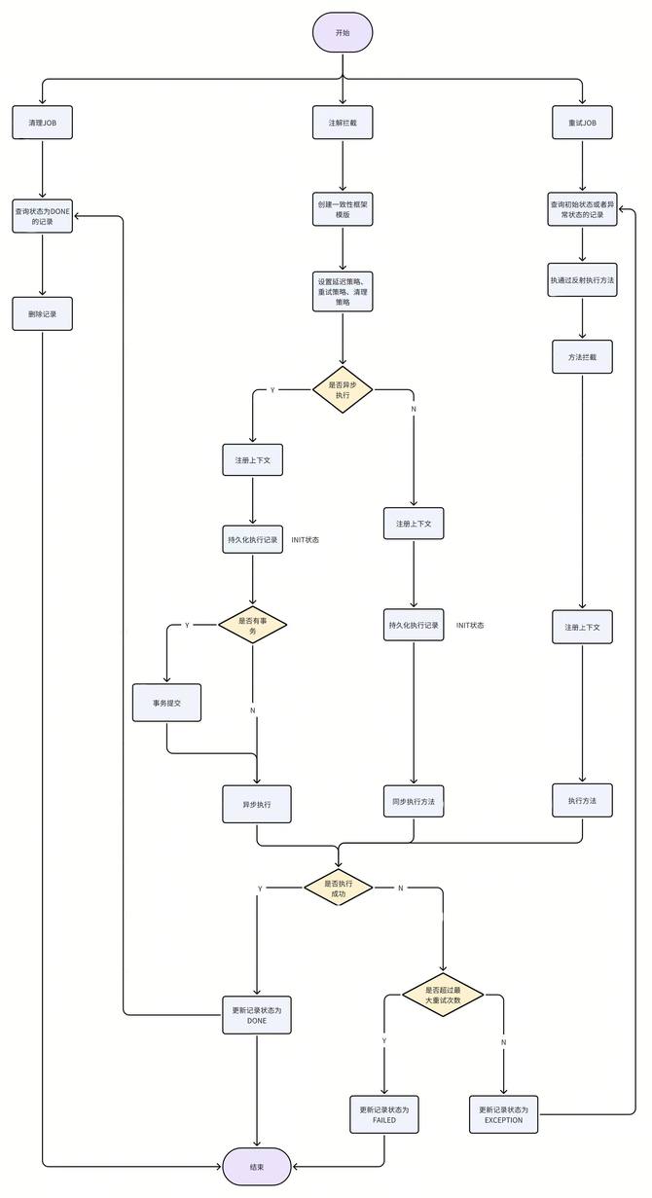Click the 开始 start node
click(342, 33)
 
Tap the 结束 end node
click(257, 1166)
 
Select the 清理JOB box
click(43, 124)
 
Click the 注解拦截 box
click(343, 124)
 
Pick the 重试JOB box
click(582, 124)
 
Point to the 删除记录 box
click(43, 314)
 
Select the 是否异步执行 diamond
click(343, 389)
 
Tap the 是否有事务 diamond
click(253, 626)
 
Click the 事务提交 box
click(167, 703)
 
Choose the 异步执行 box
click(257, 806)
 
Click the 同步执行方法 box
click(414, 801)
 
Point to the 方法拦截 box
click(582, 357)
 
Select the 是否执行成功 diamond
click(338, 888)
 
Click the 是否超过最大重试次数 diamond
click(443, 995)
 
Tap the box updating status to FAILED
click(384, 1115)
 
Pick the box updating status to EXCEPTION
click(503, 1115)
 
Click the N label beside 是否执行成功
click(400, 889)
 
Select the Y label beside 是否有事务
click(187, 626)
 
